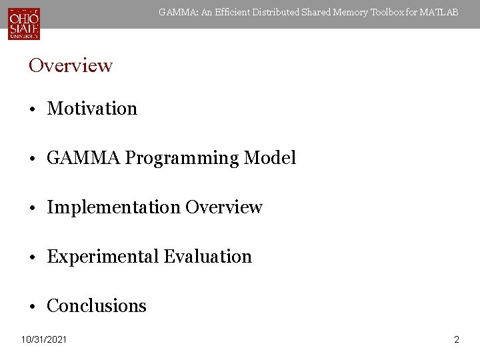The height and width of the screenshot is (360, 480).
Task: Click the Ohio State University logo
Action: [24, 23]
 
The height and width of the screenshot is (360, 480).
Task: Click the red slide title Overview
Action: [71, 65]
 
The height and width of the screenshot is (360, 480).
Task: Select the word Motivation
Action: [92, 109]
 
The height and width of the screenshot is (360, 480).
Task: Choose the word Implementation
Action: [114, 207]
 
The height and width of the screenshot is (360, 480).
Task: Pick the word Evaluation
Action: [208, 257]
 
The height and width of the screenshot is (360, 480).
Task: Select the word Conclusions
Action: [97, 306]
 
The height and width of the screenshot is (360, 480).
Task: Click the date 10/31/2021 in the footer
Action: [44, 340]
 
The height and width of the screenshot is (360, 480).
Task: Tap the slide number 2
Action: [457, 340]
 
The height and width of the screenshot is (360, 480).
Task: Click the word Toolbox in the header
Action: [378, 12]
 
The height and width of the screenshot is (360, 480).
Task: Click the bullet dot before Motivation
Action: [33, 109]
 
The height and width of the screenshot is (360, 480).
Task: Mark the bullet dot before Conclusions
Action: [33, 307]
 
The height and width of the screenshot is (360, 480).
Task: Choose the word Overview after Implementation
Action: [224, 207]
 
